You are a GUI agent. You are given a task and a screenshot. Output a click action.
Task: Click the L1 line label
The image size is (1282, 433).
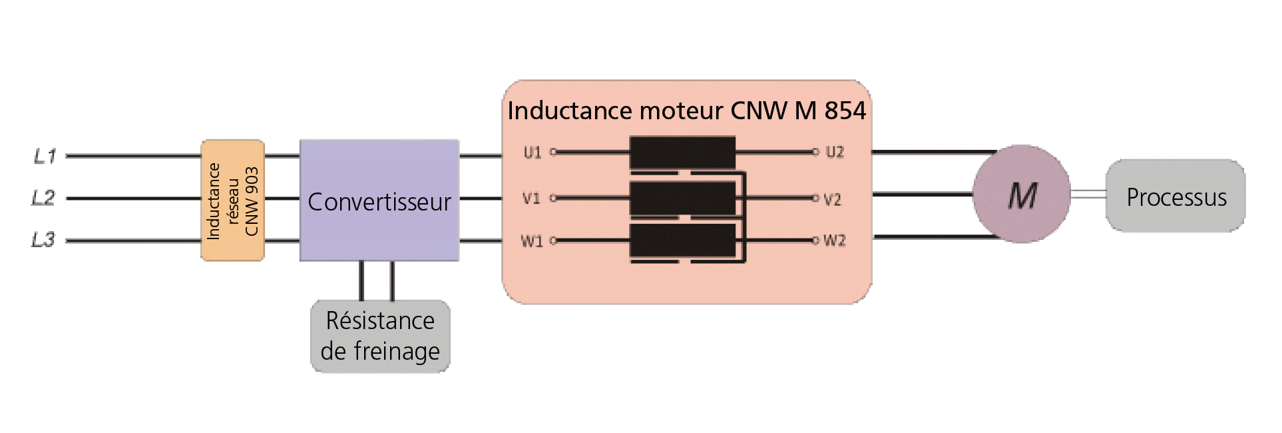(x=45, y=156)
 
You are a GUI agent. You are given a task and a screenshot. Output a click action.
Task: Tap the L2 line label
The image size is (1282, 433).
(x=44, y=198)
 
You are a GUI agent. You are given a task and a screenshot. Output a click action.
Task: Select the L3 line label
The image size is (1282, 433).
(x=44, y=239)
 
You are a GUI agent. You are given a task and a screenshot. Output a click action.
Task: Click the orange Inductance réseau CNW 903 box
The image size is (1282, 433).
(x=233, y=200)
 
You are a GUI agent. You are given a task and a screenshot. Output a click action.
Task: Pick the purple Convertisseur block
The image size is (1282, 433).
(x=379, y=200)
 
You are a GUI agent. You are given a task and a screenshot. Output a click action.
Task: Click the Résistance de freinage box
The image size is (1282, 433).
(x=381, y=336)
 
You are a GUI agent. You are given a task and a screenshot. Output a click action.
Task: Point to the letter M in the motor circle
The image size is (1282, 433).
(x=1022, y=196)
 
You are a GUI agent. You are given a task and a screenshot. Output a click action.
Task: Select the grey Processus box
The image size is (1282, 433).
(x=1175, y=196)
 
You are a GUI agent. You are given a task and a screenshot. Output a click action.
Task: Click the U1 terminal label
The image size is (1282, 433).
(x=533, y=153)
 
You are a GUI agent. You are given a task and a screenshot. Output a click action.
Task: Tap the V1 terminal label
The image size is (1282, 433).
(x=532, y=198)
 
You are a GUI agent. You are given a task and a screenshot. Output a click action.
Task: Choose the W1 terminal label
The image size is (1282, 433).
(x=532, y=240)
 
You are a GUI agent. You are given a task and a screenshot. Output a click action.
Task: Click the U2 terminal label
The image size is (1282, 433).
(x=835, y=152)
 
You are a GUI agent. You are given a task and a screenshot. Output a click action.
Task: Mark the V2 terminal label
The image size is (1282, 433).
(x=833, y=199)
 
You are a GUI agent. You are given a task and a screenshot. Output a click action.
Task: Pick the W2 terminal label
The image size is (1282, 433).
(x=835, y=240)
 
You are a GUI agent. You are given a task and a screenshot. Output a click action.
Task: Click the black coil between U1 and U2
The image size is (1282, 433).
(x=683, y=153)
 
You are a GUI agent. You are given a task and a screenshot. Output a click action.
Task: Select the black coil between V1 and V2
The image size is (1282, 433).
(x=683, y=198)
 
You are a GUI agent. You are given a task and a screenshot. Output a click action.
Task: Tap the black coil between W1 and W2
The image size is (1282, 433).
(x=683, y=240)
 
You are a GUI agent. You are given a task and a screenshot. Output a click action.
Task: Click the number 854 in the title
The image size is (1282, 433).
(x=845, y=111)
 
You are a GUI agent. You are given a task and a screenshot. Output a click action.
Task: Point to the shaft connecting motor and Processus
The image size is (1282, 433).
(x=1088, y=194)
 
